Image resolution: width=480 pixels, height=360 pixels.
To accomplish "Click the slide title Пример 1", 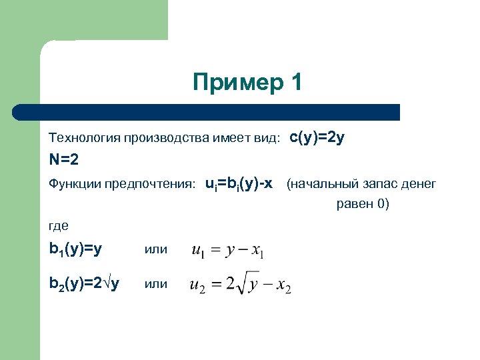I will pyautogui.click(x=247, y=83).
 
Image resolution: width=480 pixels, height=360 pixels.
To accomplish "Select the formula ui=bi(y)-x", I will pyautogui.click(x=239, y=183).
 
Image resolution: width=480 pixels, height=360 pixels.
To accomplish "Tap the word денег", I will pyautogui.click(x=418, y=183).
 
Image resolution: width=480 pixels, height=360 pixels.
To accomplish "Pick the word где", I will pyautogui.click(x=59, y=226).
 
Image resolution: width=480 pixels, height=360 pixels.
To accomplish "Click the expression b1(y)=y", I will pyautogui.click(x=75, y=249).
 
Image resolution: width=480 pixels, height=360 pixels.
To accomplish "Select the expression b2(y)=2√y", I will pyautogui.click(x=84, y=283).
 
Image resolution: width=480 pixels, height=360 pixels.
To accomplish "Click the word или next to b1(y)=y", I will pyautogui.click(x=155, y=249).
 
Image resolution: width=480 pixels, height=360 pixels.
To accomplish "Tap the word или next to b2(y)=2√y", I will pyautogui.click(x=155, y=283).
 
